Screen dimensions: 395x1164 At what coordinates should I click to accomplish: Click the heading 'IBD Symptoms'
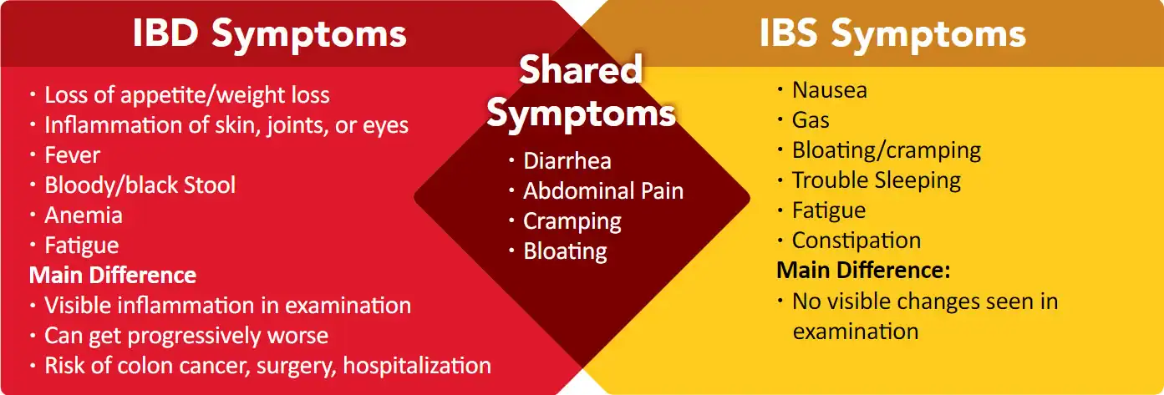click(269, 34)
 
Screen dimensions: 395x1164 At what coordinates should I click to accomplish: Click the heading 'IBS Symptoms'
click(892, 34)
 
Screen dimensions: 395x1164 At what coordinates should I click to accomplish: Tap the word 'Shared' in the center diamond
click(581, 71)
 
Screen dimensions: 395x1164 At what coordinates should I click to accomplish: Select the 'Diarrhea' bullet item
click(567, 161)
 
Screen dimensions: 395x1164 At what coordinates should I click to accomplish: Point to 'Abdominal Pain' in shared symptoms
click(602, 191)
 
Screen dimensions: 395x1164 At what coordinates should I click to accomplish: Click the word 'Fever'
click(72, 155)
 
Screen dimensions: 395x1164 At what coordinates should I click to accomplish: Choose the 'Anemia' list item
click(83, 215)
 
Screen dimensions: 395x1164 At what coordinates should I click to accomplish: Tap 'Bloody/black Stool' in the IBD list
click(140, 185)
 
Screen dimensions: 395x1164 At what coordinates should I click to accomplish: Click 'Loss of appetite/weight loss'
click(186, 95)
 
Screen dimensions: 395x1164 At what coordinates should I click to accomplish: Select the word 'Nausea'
click(829, 90)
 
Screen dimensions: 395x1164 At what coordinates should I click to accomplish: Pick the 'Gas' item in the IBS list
click(811, 120)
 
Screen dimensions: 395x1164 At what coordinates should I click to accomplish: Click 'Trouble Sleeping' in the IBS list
click(876, 180)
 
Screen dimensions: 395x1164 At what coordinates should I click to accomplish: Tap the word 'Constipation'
click(856, 241)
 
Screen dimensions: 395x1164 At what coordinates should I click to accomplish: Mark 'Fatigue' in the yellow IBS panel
click(828, 210)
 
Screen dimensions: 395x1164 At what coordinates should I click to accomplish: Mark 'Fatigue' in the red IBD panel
click(81, 246)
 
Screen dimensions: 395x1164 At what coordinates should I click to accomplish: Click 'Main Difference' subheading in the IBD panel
click(113, 275)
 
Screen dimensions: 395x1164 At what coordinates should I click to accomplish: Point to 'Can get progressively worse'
click(186, 336)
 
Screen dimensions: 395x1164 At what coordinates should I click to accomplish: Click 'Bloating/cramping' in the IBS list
click(886, 150)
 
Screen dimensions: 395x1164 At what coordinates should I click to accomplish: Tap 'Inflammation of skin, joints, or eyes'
click(226, 125)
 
